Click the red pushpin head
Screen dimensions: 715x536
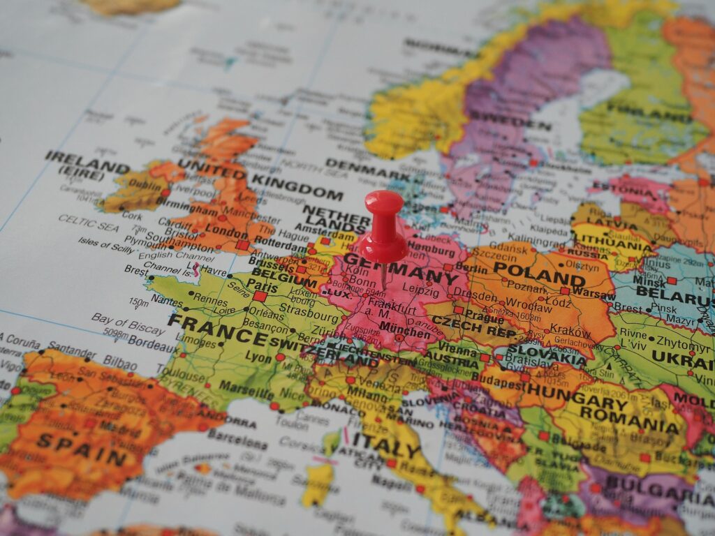tap(383, 216)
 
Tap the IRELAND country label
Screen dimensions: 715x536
tap(87, 162)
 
